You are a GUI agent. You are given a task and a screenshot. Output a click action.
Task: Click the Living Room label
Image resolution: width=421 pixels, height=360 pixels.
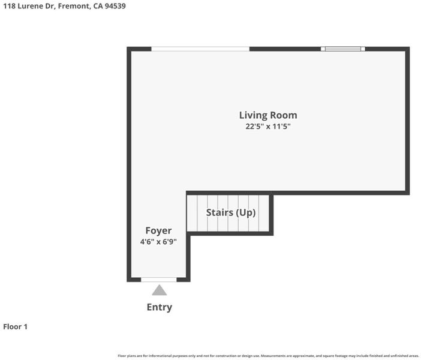click(268, 116)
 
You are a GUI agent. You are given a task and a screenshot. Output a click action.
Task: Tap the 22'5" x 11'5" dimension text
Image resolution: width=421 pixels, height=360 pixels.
click(268, 126)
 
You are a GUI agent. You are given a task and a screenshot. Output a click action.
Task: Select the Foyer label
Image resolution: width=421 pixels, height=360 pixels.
click(158, 231)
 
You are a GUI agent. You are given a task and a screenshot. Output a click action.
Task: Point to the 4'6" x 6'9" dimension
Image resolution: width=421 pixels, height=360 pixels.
click(158, 242)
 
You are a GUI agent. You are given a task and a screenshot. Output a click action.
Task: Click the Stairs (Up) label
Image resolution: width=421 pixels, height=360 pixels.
click(231, 213)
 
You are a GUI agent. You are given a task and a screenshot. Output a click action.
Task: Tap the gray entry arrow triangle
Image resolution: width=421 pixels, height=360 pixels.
click(160, 290)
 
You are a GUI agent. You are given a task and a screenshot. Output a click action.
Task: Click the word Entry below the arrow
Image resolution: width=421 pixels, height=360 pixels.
click(160, 307)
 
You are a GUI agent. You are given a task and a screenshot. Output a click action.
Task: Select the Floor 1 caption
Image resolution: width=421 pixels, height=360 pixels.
click(16, 326)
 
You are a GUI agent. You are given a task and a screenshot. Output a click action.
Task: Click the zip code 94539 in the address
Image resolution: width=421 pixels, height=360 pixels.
click(115, 6)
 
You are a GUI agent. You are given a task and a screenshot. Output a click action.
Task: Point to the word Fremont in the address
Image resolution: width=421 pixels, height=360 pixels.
click(74, 6)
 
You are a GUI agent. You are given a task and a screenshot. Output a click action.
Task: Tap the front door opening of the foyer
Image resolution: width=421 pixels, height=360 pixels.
click(159, 280)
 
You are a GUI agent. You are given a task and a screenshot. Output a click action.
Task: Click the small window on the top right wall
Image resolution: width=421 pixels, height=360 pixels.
click(343, 49)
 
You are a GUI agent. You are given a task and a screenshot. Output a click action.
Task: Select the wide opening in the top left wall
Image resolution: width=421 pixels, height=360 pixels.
click(200, 49)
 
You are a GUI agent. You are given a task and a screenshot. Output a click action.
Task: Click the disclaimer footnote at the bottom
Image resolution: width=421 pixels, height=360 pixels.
click(268, 356)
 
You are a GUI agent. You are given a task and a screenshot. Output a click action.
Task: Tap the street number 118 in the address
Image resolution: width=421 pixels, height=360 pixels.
click(9, 6)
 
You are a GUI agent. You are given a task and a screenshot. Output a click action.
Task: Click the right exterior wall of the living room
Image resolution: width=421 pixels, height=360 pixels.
click(408, 121)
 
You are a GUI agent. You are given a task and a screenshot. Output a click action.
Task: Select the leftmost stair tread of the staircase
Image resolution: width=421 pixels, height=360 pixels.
click(193, 213)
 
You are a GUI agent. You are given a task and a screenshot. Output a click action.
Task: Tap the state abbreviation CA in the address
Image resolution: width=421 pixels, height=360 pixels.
click(98, 6)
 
